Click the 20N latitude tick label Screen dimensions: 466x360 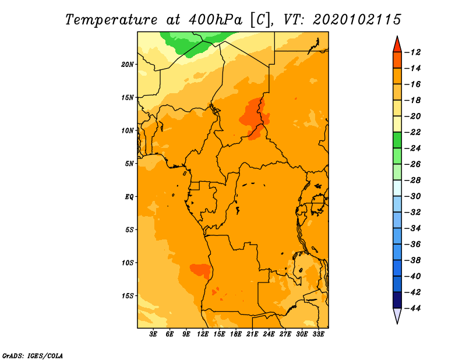tap(128, 65)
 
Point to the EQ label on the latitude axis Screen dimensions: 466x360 tap(129, 197)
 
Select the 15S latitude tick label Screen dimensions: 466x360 tap(128, 296)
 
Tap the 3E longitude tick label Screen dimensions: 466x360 tap(153, 334)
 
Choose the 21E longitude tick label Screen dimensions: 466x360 tap(252, 334)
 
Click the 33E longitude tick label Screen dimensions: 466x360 tap(318, 334)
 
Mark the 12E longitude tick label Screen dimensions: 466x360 tap(203, 334)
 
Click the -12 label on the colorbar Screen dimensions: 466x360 tap(412, 52)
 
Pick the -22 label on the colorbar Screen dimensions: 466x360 tap(412, 132)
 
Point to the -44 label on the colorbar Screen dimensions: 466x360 tap(412, 308)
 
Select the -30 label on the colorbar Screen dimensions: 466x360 tap(412, 196)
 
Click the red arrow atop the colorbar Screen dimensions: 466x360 tap(397, 45)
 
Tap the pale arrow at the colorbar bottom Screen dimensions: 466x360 tap(397, 316)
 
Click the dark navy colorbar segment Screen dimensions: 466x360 tap(397, 300)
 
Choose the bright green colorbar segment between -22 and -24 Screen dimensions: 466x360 tap(397, 140)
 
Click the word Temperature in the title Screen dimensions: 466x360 tap(111, 20)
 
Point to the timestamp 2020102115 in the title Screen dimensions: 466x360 tap(357, 20)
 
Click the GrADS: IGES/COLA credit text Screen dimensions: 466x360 tap(33, 356)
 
